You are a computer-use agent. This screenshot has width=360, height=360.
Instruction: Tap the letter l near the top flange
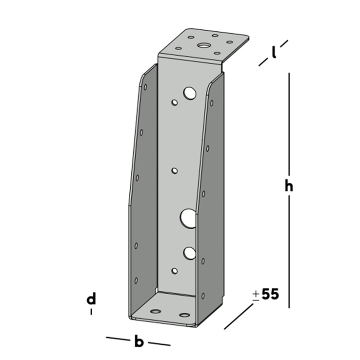274,52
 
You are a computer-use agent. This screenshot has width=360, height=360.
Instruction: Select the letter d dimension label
91,299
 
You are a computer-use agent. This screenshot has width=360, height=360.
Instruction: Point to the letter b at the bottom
139,342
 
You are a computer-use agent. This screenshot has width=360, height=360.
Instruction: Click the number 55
270,294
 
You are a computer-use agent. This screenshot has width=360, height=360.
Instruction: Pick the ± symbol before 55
256,295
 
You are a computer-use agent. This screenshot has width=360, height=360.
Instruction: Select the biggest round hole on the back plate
188,218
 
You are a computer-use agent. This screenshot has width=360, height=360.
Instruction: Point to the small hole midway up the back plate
175,170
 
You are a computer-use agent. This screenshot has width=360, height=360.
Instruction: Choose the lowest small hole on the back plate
175,270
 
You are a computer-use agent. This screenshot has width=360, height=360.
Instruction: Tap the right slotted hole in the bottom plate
184,314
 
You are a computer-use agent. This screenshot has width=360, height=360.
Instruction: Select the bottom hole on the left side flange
136,280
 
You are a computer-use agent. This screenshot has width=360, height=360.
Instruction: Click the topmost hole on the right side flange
211,102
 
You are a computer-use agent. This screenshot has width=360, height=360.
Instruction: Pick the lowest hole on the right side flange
202,296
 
